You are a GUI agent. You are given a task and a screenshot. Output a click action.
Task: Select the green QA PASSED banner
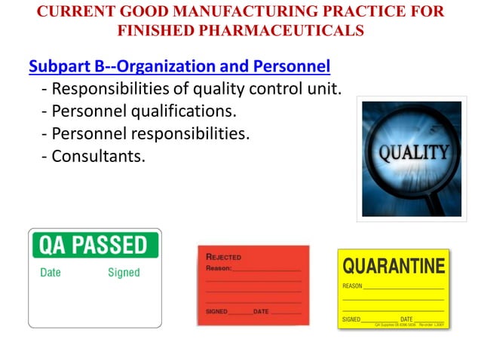tap(95, 245)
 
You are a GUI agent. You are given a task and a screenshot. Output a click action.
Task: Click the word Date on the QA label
tap(51, 273)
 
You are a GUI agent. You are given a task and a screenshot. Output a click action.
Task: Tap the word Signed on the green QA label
tap(124, 273)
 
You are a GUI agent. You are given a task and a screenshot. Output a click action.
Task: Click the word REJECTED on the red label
tap(223, 257)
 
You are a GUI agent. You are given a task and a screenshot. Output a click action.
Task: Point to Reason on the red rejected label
tap(219, 267)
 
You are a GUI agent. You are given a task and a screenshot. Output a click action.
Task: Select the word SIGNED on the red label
tap(216, 311)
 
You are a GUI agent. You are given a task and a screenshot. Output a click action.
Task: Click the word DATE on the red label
tap(261, 311)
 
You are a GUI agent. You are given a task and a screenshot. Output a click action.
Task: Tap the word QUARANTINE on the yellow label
tap(394, 266)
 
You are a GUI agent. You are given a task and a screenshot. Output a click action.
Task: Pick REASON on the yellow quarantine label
tap(352, 286)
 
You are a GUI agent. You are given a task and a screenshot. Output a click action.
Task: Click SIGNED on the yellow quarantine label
tap(351, 319)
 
